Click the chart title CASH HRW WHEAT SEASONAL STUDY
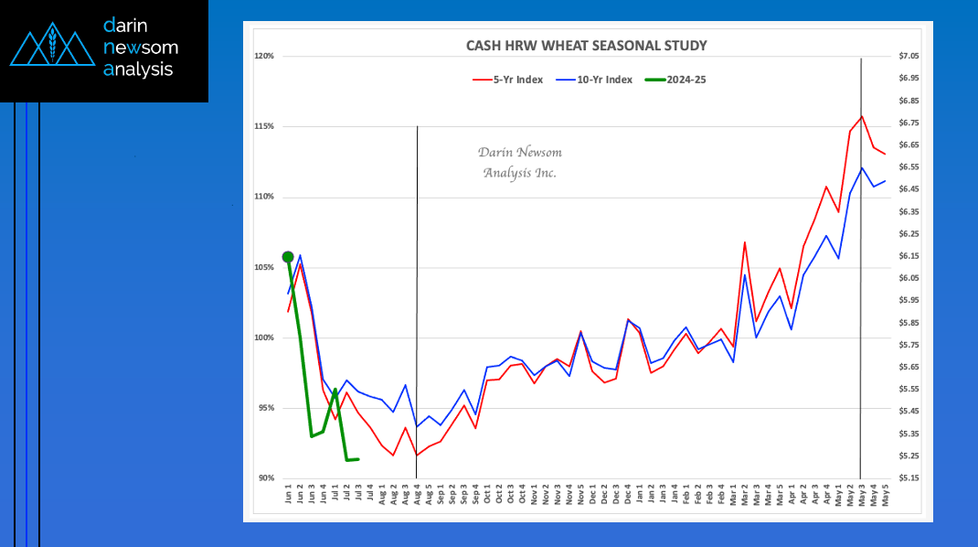click(x=586, y=45)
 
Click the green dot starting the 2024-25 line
click(x=288, y=257)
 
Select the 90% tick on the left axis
click(x=265, y=478)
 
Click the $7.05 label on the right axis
click(x=909, y=57)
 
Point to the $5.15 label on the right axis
click(x=909, y=478)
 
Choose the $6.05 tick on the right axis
click(x=909, y=278)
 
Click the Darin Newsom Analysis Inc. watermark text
click(x=520, y=162)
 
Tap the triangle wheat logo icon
click(x=51, y=46)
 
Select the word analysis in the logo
click(x=138, y=69)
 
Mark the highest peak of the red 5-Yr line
click(x=862, y=116)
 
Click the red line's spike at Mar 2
click(x=745, y=242)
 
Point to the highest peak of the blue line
click(x=862, y=167)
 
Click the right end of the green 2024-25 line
click(x=358, y=459)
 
